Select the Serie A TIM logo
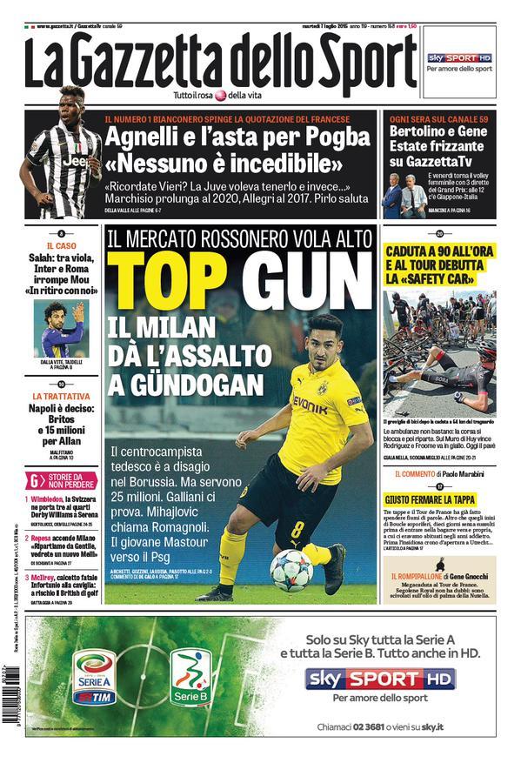pyautogui.click(x=96, y=678)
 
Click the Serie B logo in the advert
pyautogui.click(x=190, y=678)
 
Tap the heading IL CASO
pyautogui.click(x=61, y=246)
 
